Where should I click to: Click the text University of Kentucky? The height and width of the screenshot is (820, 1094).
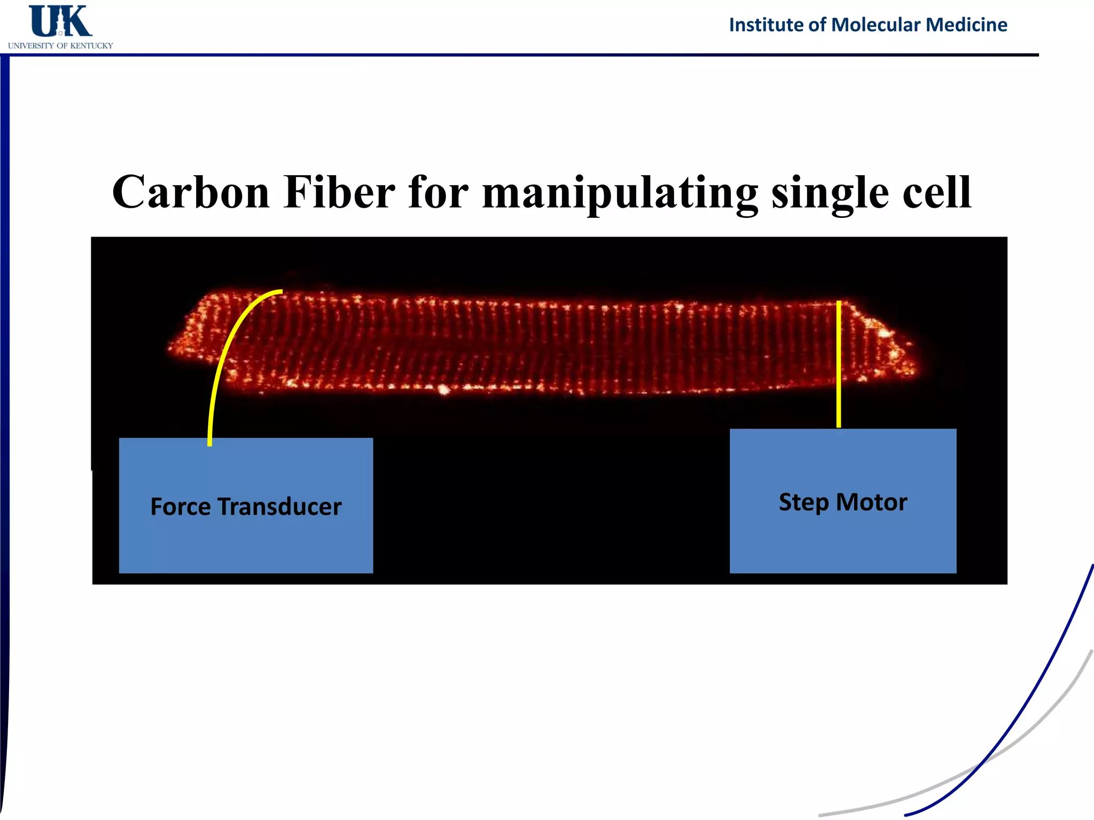[x=60, y=46]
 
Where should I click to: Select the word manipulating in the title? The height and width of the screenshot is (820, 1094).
[x=620, y=193]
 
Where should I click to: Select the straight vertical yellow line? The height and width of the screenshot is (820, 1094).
[x=839, y=363]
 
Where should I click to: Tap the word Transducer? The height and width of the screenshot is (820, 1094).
[x=279, y=507]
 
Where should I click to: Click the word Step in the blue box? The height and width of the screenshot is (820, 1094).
[x=803, y=502]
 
